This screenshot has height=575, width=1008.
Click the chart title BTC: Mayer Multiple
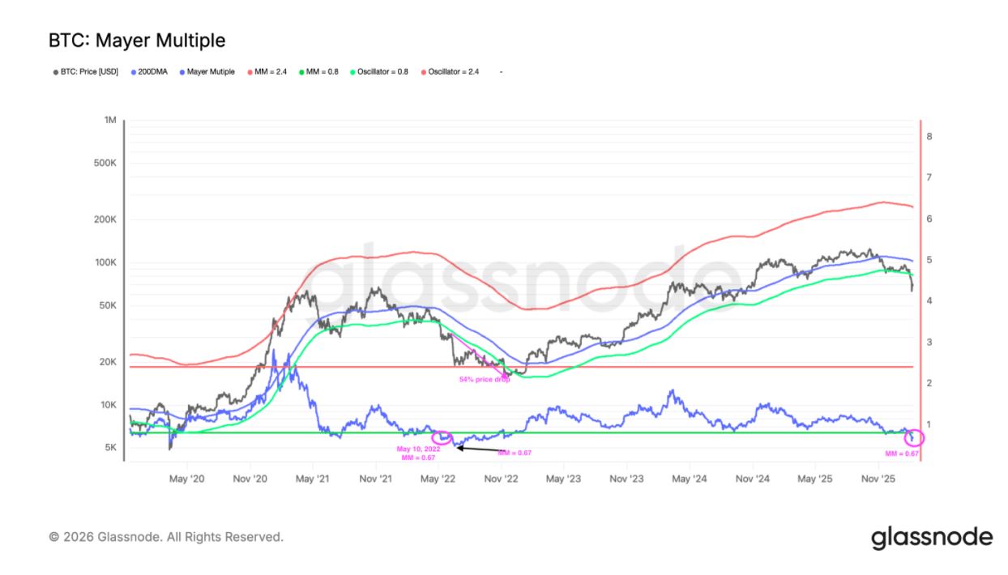[x=137, y=40]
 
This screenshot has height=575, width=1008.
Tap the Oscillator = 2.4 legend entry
[x=452, y=72]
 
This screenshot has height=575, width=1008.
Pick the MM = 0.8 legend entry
[x=322, y=72]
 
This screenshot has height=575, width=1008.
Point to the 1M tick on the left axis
[x=110, y=121]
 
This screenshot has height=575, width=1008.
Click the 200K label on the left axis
[x=106, y=219]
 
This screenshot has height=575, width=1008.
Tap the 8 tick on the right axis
[x=929, y=136]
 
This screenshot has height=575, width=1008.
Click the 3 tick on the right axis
[x=929, y=343]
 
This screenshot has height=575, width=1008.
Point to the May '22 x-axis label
[x=438, y=479]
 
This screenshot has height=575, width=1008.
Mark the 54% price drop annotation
[x=485, y=379]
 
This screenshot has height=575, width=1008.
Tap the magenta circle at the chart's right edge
[x=913, y=437]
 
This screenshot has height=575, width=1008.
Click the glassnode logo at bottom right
[x=932, y=537]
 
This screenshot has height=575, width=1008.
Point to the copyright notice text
[x=166, y=537]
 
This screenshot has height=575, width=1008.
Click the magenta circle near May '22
[x=442, y=437]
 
